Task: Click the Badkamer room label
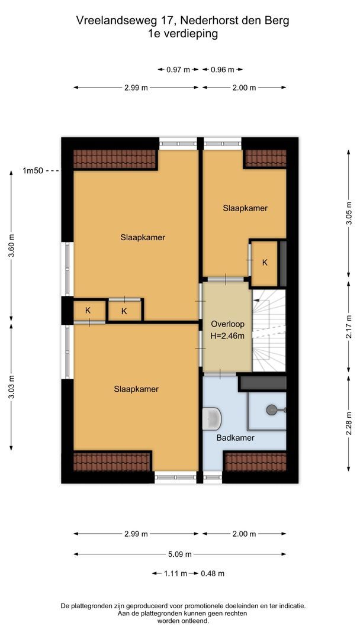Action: [x=235, y=438]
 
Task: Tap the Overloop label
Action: [x=227, y=324]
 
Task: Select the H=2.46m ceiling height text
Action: [x=227, y=336]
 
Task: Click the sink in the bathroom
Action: [x=212, y=418]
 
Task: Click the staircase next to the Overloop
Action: [x=269, y=330]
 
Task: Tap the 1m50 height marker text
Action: [x=33, y=171]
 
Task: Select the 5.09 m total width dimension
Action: [x=180, y=554]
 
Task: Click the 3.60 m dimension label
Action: [x=11, y=246]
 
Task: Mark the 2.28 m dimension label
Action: [x=349, y=424]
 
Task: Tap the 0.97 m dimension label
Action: [x=178, y=70]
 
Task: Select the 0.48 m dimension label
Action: [x=213, y=574]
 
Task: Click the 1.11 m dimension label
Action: [x=175, y=574]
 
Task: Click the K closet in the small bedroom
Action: [x=265, y=263]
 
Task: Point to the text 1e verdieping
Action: [x=183, y=34]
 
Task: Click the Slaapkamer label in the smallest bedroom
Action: [x=245, y=208]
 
